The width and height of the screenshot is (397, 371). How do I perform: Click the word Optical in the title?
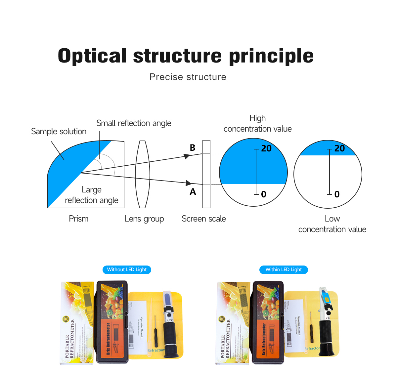pyautogui.click(x=92, y=56)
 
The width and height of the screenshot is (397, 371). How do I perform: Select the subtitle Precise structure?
pyautogui.click(x=188, y=77)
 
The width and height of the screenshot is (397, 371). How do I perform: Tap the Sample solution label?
pyautogui.click(x=59, y=132)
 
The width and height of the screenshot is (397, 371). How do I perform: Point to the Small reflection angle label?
pyautogui.click(x=134, y=123)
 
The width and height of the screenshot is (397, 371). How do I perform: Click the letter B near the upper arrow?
pyautogui.click(x=193, y=148)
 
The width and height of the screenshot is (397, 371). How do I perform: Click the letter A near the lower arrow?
pyautogui.click(x=193, y=192)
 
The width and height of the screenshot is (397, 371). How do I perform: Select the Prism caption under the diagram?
pyautogui.click(x=78, y=219)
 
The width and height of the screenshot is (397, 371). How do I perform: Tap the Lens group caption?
pyautogui.click(x=144, y=219)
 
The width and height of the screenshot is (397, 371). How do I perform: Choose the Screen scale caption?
pyautogui.click(x=204, y=219)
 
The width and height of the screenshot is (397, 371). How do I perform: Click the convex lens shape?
pyautogui.click(x=143, y=174)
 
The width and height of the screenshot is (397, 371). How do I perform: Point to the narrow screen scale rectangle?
pyautogui.click(x=206, y=174)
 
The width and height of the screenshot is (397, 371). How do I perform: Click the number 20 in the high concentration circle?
pyautogui.click(x=266, y=148)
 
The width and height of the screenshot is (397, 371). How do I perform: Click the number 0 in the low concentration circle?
pyautogui.click(x=337, y=194)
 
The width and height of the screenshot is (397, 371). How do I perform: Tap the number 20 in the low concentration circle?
pyautogui.click(x=339, y=148)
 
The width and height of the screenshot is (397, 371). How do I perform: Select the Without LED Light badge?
pyautogui.click(x=127, y=270)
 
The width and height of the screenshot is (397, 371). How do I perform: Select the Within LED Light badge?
pyautogui.click(x=284, y=270)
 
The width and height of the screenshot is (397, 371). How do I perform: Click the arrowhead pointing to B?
pyautogui.click(x=187, y=156)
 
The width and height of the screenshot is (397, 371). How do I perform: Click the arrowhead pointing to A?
pyautogui.click(x=189, y=183)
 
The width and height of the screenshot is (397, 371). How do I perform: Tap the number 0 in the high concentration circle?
pyautogui.click(x=264, y=194)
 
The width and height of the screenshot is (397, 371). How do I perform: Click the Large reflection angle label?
pyautogui.click(x=92, y=195)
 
